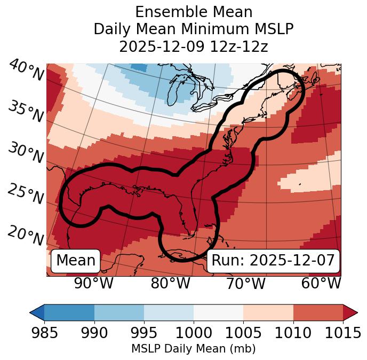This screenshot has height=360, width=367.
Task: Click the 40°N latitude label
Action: coord(26,71)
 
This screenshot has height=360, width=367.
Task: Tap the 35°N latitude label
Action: coord(26,112)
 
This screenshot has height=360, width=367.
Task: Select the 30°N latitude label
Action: coord(26,154)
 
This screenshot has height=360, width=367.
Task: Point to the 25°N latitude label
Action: coord(26,195)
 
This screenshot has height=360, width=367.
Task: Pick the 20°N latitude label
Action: coord(26,236)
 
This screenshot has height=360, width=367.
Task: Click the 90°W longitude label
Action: coord(93,283)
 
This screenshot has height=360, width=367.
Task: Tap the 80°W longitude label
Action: coord(170,283)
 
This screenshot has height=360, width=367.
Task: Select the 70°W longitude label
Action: coord(245,283)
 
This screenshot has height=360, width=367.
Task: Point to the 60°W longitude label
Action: coord(321,283)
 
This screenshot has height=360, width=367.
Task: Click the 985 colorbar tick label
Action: coord(44,333)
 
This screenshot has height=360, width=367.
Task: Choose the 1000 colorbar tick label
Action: coord(193,333)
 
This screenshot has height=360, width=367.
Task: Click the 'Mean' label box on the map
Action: coord(76,261)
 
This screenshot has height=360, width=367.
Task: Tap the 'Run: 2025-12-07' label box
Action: coord(273,261)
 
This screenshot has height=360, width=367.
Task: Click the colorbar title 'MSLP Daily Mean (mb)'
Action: coord(193,349)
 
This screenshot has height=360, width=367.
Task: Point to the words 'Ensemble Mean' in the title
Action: coord(194,12)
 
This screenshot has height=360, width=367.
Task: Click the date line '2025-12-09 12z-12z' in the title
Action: coord(194,46)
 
